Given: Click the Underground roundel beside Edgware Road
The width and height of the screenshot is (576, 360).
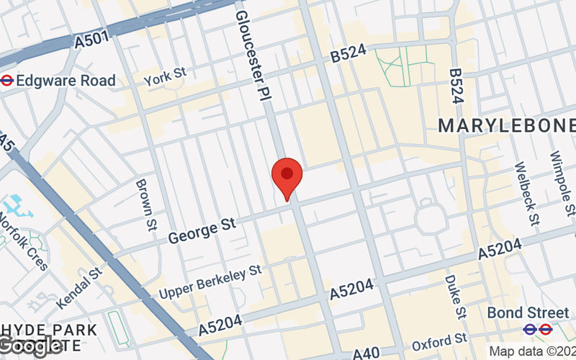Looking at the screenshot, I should (7, 81).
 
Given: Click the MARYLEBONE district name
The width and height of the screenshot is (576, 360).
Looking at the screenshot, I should (507, 125).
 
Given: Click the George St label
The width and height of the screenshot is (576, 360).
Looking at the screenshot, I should (202, 230).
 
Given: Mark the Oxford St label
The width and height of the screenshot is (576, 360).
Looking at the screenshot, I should (446, 340).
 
